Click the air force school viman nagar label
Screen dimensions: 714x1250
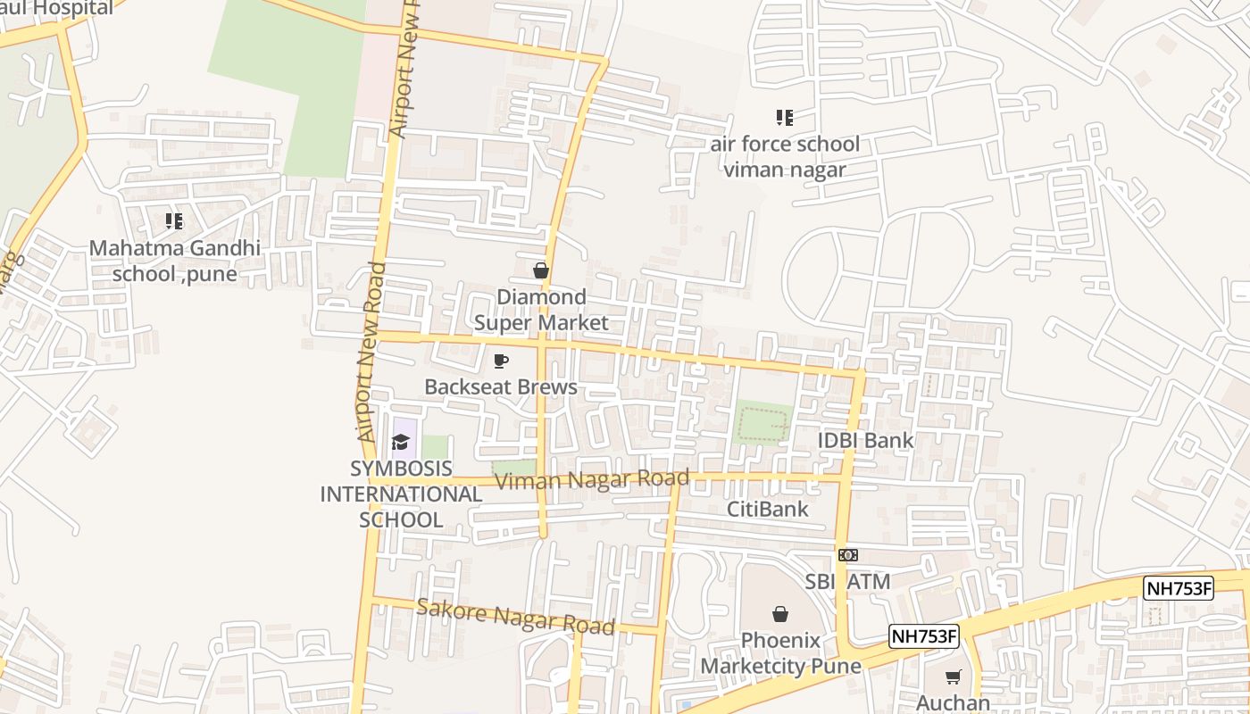[785, 156]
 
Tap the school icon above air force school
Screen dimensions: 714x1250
[785, 117]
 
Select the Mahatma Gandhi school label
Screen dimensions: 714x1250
[175, 261]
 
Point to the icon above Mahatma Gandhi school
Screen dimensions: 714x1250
[174, 220]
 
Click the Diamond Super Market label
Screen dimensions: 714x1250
[541, 310]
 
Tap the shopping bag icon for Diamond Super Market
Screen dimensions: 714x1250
[540, 270]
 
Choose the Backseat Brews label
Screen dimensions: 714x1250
[501, 386]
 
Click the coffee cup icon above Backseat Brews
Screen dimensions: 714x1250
[501, 361]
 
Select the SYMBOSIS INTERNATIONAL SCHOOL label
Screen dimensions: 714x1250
[401, 494]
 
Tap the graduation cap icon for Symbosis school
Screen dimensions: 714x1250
[400, 442]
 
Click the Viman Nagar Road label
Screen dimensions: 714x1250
[592, 479]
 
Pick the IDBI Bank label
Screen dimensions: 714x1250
[866, 440]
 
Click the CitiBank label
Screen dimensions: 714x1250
[768, 509]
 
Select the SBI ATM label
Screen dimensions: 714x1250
[848, 582]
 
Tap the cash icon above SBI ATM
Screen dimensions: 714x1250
[848, 555]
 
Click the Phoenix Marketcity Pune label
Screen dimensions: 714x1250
[780, 653]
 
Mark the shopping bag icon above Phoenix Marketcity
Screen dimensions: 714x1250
[780, 614]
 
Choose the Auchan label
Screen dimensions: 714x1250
[953, 702]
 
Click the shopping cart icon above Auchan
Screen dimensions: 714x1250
[953, 677]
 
